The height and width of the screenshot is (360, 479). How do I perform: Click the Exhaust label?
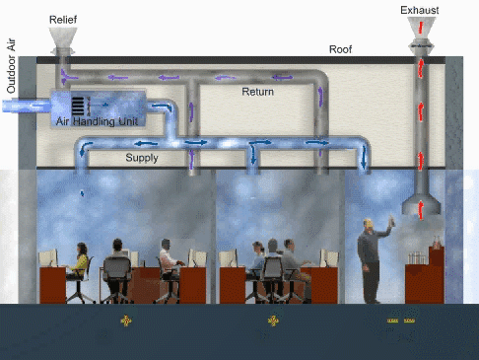(x=420, y=11)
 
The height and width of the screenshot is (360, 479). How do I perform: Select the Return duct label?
(x=259, y=91)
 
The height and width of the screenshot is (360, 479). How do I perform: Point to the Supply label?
(x=142, y=157)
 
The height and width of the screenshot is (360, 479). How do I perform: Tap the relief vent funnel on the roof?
(x=66, y=38)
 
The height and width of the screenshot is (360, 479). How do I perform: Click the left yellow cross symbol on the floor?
(x=126, y=321)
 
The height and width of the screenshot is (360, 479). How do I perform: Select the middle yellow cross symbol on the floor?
(x=274, y=321)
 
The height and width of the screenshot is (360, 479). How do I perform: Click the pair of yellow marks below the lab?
(x=400, y=321)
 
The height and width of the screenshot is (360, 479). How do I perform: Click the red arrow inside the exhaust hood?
(x=422, y=206)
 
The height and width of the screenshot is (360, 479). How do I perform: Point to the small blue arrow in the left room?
(x=82, y=193)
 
